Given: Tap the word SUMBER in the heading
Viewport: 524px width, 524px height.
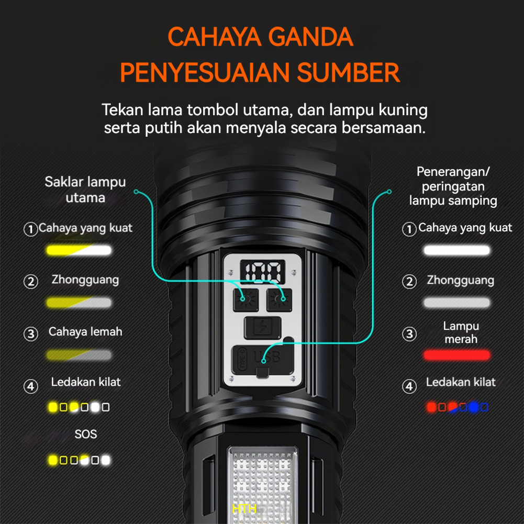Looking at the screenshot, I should [x=349, y=73].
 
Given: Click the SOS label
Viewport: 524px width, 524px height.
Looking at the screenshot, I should [x=85, y=434].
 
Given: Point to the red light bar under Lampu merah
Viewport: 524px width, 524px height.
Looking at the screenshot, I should [x=457, y=355].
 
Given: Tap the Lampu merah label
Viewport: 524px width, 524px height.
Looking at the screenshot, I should [x=461, y=332].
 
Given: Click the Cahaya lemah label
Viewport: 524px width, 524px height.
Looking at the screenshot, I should [x=85, y=332].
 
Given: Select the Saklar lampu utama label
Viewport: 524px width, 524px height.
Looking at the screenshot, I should [x=85, y=189].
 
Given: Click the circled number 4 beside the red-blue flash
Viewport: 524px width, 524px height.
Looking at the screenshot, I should [x=409, y=387].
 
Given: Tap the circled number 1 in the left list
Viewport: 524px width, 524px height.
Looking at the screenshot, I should [x=31, y=229].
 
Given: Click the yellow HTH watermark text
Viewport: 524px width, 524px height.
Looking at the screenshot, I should [x=244, y=508].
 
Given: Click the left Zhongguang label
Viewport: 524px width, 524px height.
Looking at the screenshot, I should [x=85, y=280].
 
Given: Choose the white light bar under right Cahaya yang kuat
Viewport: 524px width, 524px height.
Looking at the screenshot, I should [x=457, y=250].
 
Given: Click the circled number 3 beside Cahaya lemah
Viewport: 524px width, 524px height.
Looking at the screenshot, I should [x=31, y=333].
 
